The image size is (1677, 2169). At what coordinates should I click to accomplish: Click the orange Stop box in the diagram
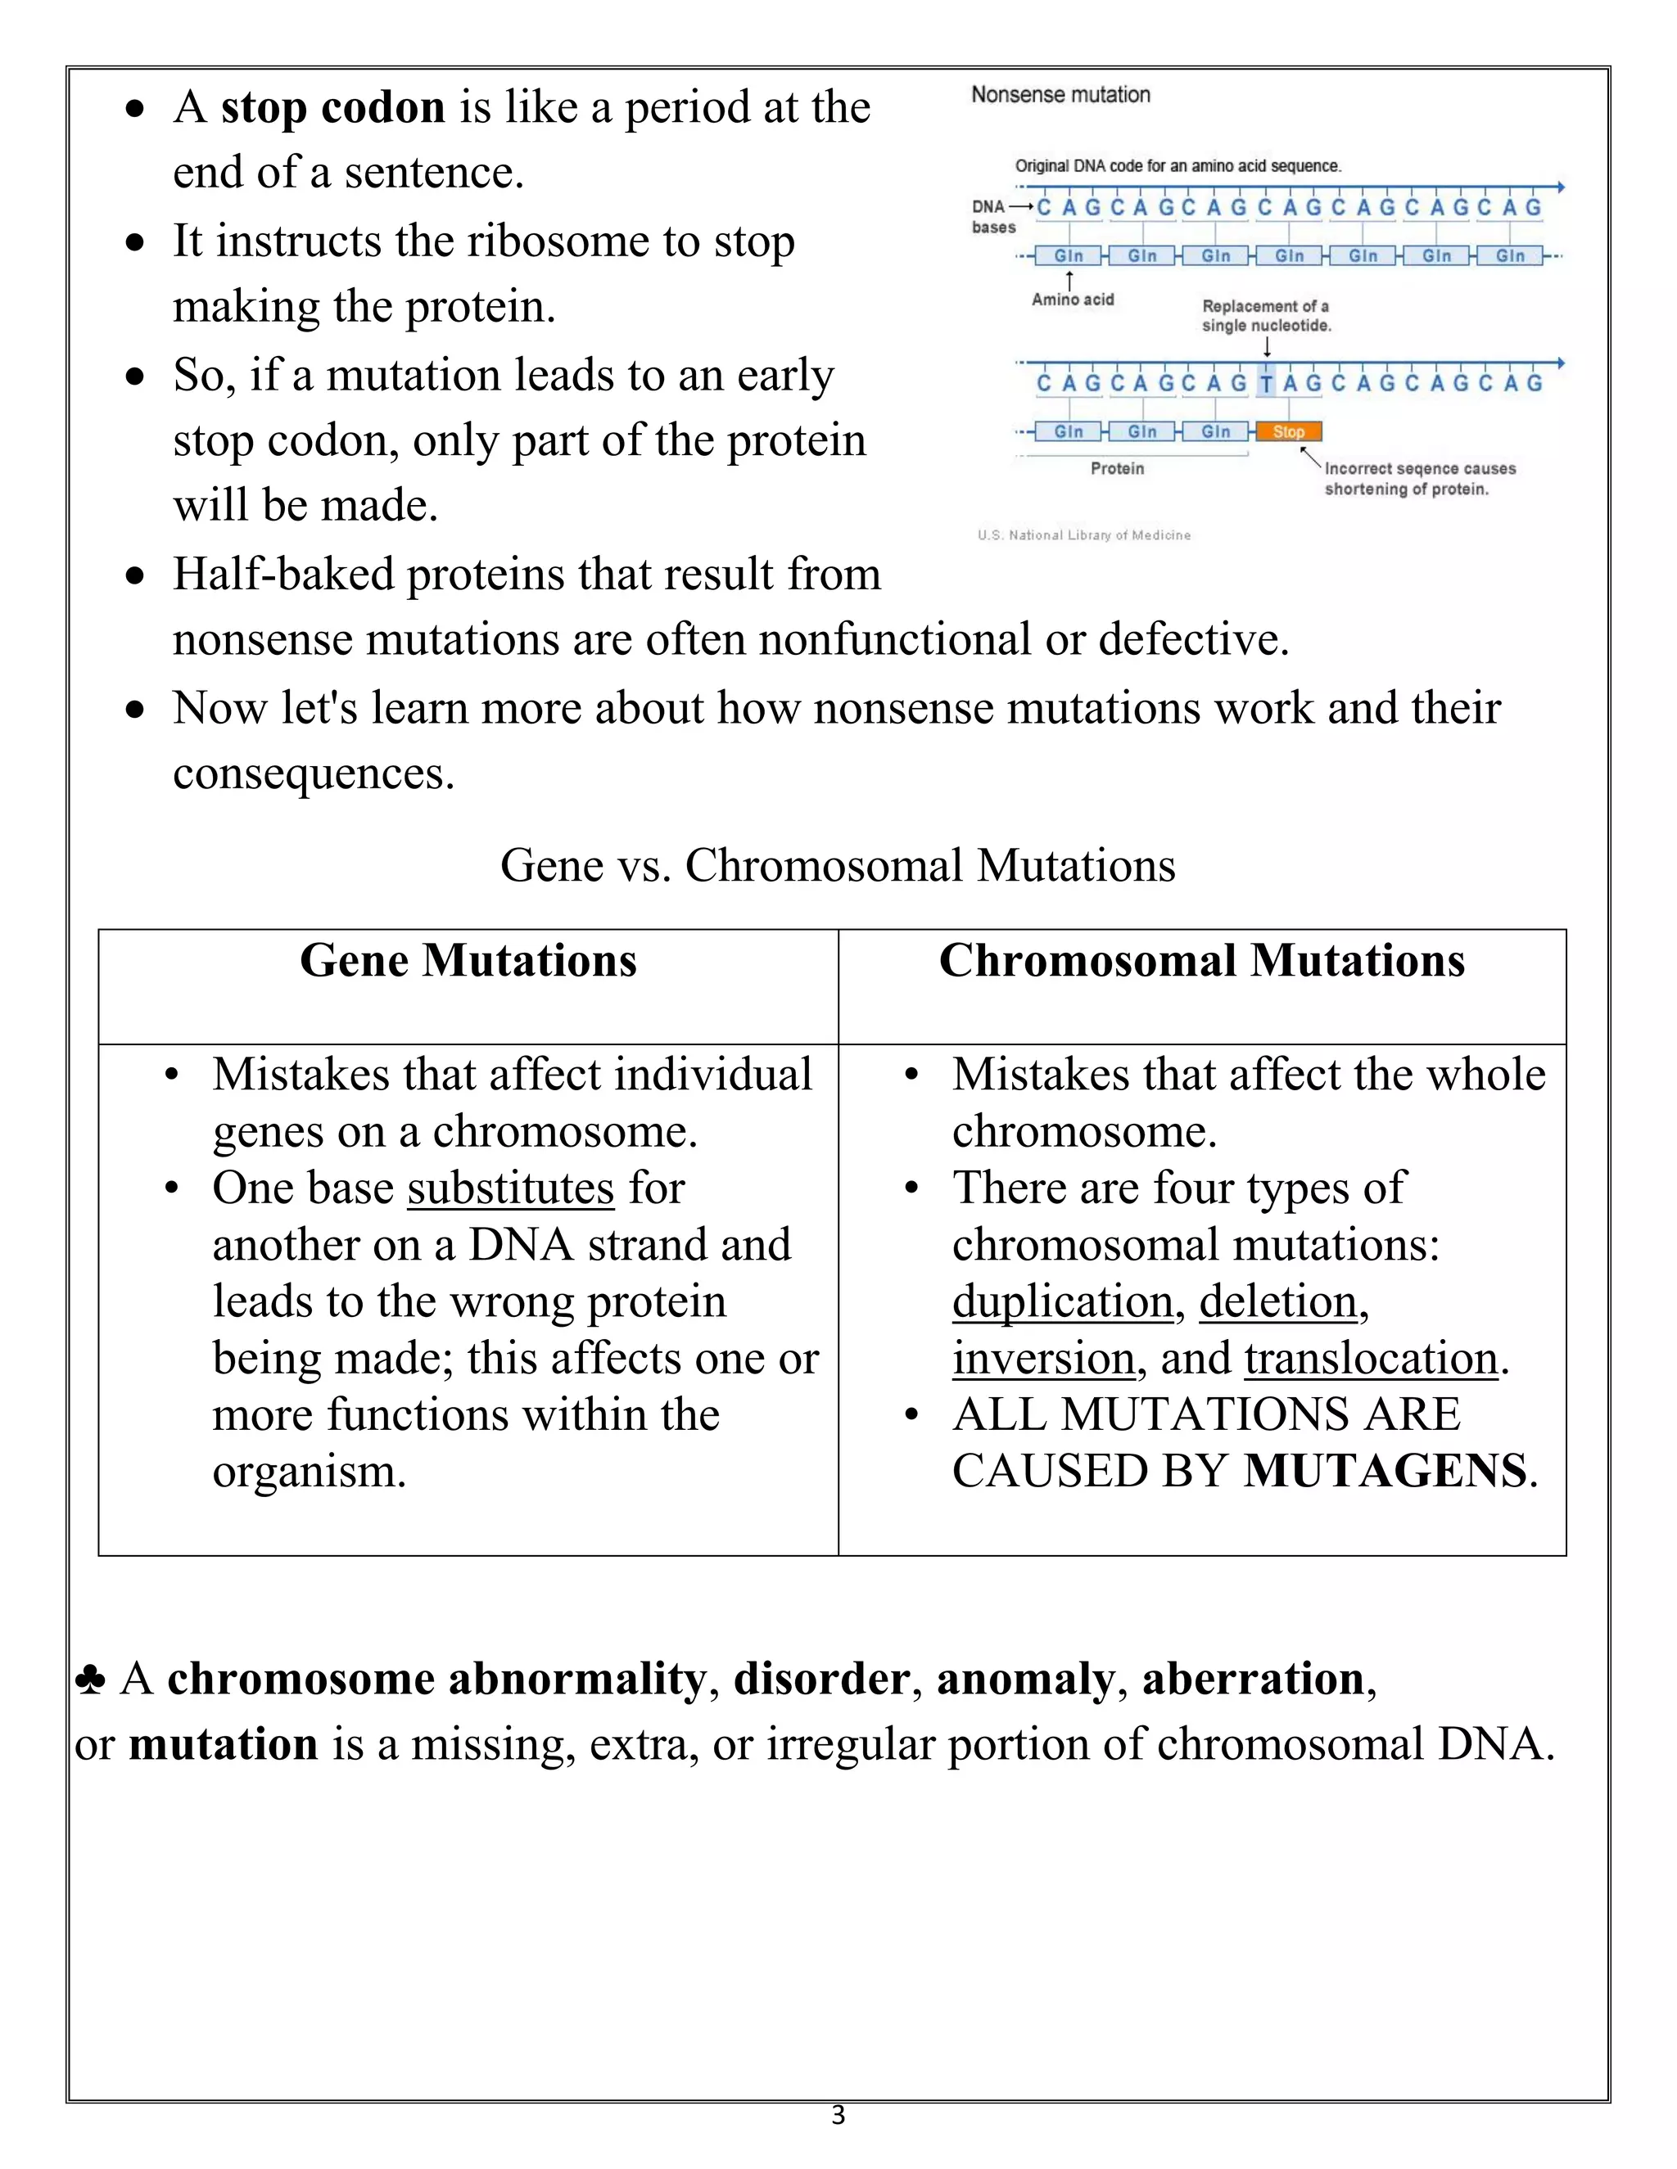coord(1289,431)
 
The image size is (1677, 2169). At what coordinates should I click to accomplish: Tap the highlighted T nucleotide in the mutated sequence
coord(1267,383)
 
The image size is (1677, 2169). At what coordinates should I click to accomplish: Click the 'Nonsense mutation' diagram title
coord(1060,94)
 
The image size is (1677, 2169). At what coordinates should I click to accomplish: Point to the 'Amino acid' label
coord(1072,299)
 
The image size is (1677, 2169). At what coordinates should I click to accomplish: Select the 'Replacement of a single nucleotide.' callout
coord(1266,316)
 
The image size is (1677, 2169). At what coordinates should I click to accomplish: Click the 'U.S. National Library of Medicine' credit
coord(1084,535)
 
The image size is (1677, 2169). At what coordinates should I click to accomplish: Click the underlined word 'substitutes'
coord(511,1188)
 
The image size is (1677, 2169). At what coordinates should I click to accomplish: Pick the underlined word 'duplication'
coord(1062,1301)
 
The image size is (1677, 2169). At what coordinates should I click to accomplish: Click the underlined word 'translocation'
coord(1371,1359)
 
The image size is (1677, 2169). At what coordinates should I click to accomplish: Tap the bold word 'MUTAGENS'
coord(1385,1471)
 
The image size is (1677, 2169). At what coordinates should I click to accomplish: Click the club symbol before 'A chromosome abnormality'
coord(89,1680)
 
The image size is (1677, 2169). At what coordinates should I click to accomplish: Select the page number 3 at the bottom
coord(838,2114)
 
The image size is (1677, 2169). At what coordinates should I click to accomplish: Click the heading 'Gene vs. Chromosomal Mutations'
coord(838,865)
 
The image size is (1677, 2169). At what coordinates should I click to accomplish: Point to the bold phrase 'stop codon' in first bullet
coord(332,107)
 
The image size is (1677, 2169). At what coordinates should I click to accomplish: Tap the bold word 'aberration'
coord(1253,1680)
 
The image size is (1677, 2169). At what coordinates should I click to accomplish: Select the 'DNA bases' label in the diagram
coord(992,217)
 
